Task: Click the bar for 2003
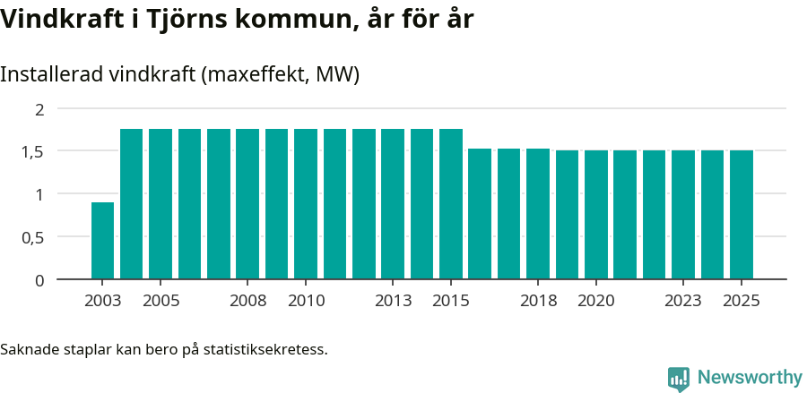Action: (x=102, y=241)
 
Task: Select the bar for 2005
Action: (x=161, y=204)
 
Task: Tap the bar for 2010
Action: (x=306, y=204)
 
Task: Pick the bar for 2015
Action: (x=451, y=204)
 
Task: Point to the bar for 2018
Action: (x=538, y=214)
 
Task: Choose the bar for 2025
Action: (x=742, y=215)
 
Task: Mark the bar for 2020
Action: (x=596, y=215)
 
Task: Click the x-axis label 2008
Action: (x=247, y=301)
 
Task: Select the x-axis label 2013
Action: (x=393, y=301)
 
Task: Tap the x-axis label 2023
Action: (x=683, y=301)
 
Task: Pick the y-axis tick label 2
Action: (x=39, y=109)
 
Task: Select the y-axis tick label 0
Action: (x=39, y=280)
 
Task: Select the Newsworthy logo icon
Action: (x=679, y=378)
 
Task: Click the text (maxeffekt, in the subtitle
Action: (x=256, y=74)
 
